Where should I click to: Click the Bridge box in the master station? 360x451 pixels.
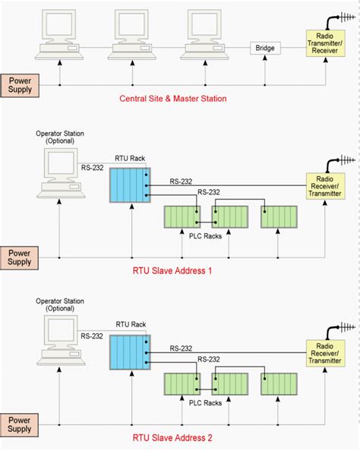click(x=265, y=49)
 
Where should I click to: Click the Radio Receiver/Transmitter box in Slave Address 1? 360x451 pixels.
click(x=326, y=186)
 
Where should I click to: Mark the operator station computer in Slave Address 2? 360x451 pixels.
click(x=58, y=342)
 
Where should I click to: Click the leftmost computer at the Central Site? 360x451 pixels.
click(x=58, y=34)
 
